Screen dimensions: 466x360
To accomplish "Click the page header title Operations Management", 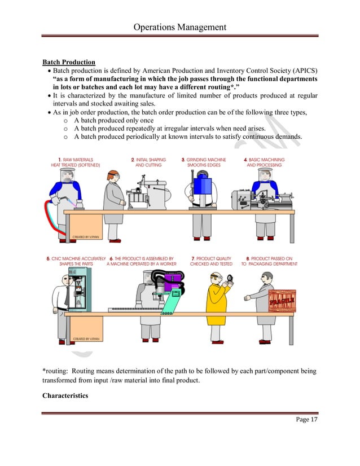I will tap(179, 27).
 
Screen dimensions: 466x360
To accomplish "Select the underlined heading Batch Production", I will tap(69, 62).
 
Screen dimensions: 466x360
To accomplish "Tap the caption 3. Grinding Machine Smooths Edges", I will tap(204, 162).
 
